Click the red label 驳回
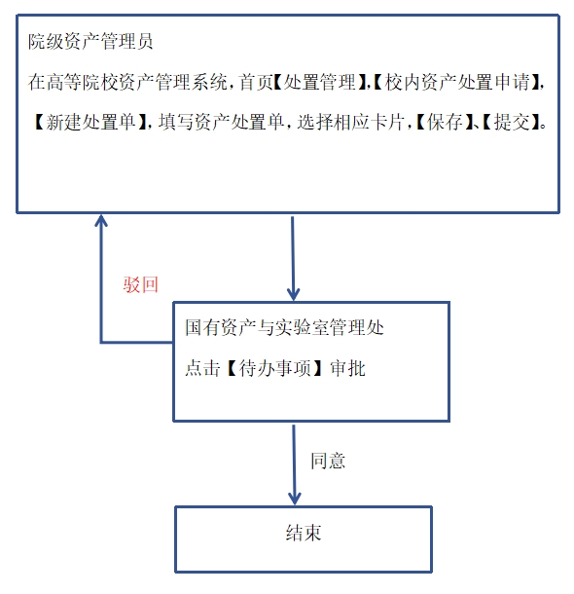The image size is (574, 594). pyautogui.click(x=140, y=284)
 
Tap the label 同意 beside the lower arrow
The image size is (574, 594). pyautogui.click(x=328, y=461)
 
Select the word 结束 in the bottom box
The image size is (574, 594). pyautogui.click(x=304, y=533)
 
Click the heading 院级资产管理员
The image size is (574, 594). pyautogui.click(x=90, y=41)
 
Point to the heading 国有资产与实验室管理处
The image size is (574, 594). pyautogui.click(x=284, y=327)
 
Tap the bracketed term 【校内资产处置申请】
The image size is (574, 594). pyautogui.click(x=458, y=82)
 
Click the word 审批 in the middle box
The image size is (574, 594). pyautogui.click(x=347, y=368)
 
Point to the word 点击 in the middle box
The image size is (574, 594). pyautogui.click(x=202, y=368)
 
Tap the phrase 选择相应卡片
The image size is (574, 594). pyautogui.click(x=351, y=122)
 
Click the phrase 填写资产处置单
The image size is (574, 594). pyautogui.click(x=221, y=122)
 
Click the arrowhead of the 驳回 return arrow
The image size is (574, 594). pyautogui.click(x=101, y=216)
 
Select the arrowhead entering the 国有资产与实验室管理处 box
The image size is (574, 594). pyautogui.click(x=293, y=299)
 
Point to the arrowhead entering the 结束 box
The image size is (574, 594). pyautogui.click(x=295, y=503)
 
